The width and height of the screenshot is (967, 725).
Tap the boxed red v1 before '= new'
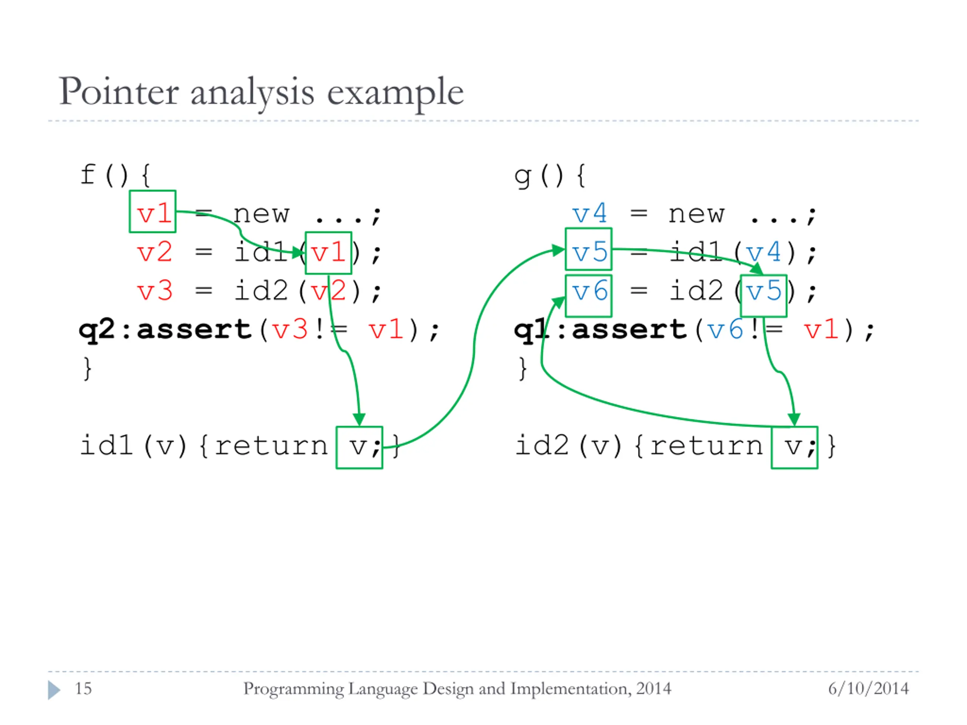tap(153, 212)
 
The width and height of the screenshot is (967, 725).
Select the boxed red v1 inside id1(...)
tap(328, 253)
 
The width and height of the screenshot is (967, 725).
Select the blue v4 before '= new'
tap(589, 214)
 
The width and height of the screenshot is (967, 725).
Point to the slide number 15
tap(83, 689)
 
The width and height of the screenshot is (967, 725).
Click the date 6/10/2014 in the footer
tap(868, 689)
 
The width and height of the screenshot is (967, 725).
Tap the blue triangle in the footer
tap(54, 690)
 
